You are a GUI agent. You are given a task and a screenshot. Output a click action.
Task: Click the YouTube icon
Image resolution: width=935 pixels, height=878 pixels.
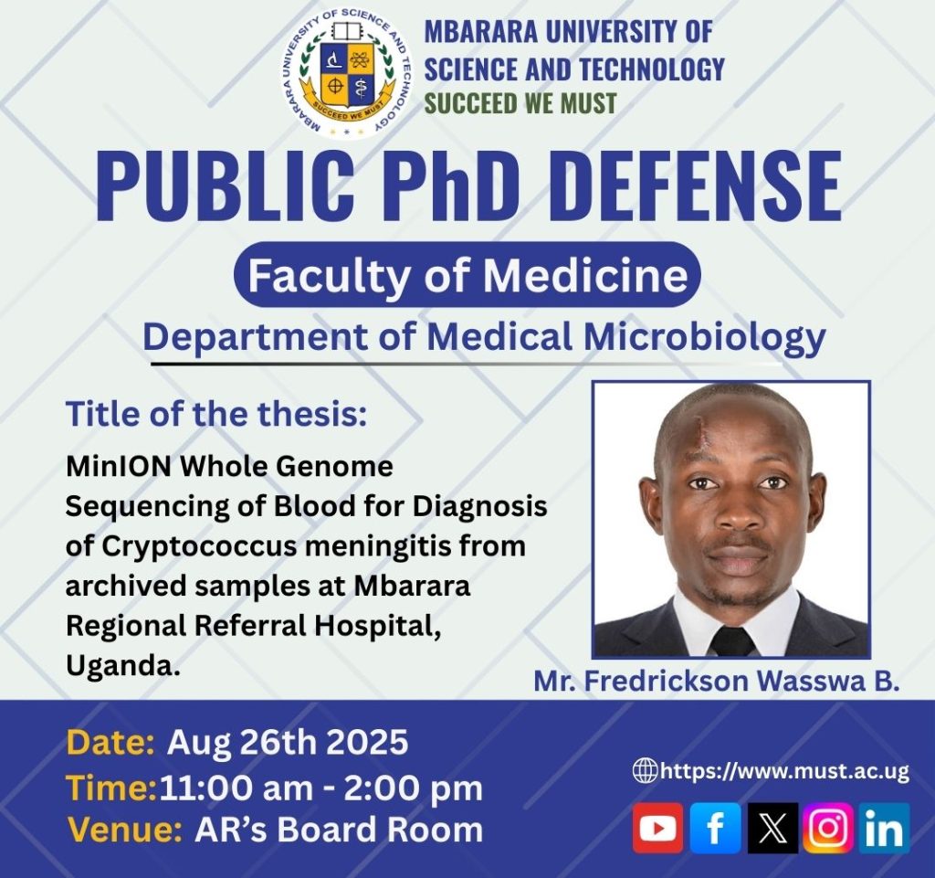[x=657, y=828]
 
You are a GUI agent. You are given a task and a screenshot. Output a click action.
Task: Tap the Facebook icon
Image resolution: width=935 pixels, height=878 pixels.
[x=715, y=828]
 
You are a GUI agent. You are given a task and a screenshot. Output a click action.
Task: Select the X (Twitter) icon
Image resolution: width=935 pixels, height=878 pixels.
[x=772, y=828]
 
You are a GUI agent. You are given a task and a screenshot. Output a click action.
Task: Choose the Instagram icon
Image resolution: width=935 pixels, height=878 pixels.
[x=828, y=828]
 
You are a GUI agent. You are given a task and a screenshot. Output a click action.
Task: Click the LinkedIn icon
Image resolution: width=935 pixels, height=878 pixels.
[x=885, y=828]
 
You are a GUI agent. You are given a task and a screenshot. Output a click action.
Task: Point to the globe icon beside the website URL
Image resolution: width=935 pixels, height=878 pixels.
[x=645, y=770]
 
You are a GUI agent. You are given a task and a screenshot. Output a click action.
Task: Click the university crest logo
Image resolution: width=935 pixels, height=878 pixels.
[x=346, y=75]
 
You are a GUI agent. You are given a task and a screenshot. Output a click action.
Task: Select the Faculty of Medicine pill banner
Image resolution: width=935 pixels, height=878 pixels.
[x=467, y=274]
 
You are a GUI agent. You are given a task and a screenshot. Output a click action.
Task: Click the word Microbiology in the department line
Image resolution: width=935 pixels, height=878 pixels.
[x=704, y=338]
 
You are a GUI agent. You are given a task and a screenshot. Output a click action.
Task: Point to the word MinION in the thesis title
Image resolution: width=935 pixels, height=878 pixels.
[x=120, y=467]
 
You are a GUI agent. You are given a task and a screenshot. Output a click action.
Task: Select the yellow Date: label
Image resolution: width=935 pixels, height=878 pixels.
[x=110, y=743]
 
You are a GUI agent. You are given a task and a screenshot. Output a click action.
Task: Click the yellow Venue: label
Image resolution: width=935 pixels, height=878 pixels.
[x=124, y=830]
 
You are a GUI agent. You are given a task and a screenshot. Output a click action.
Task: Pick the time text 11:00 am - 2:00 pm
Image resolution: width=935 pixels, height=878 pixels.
[x=320, y=788]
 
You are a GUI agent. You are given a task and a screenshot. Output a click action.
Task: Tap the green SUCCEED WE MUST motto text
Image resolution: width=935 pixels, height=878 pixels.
[x=520, y=103]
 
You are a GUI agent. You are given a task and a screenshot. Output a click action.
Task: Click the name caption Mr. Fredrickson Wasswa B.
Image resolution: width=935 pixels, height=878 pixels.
[x=716, y=682]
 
